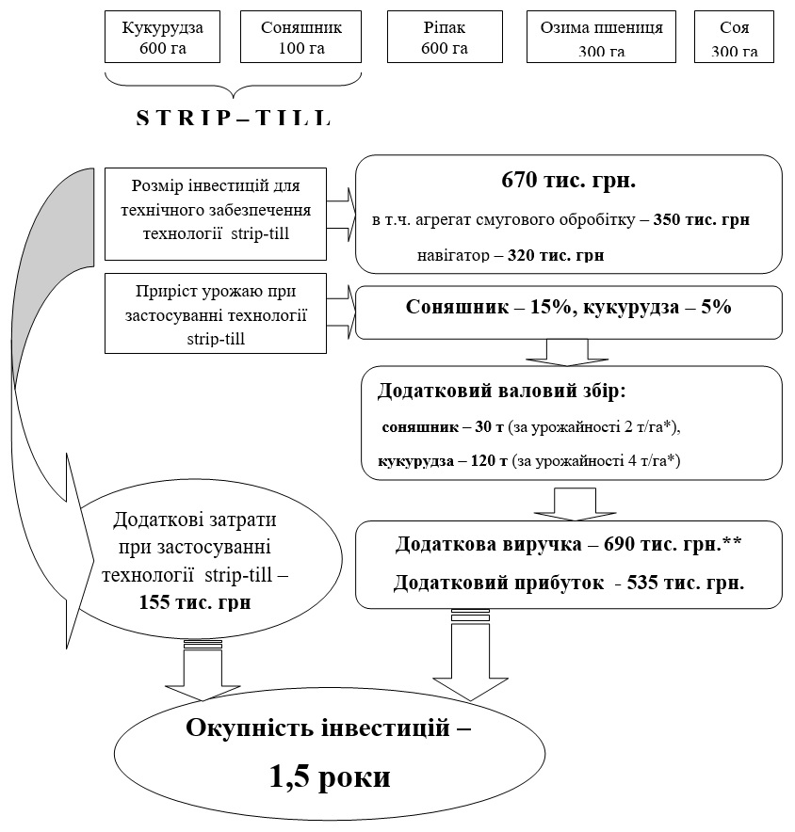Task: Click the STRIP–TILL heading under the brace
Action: [234, 120]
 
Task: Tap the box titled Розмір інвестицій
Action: [215, 215]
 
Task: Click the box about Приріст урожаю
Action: [215, 311]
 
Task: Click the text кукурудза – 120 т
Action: [442, 461]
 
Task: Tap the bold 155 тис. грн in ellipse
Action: [196, 602]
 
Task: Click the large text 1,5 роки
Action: [330, 778]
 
